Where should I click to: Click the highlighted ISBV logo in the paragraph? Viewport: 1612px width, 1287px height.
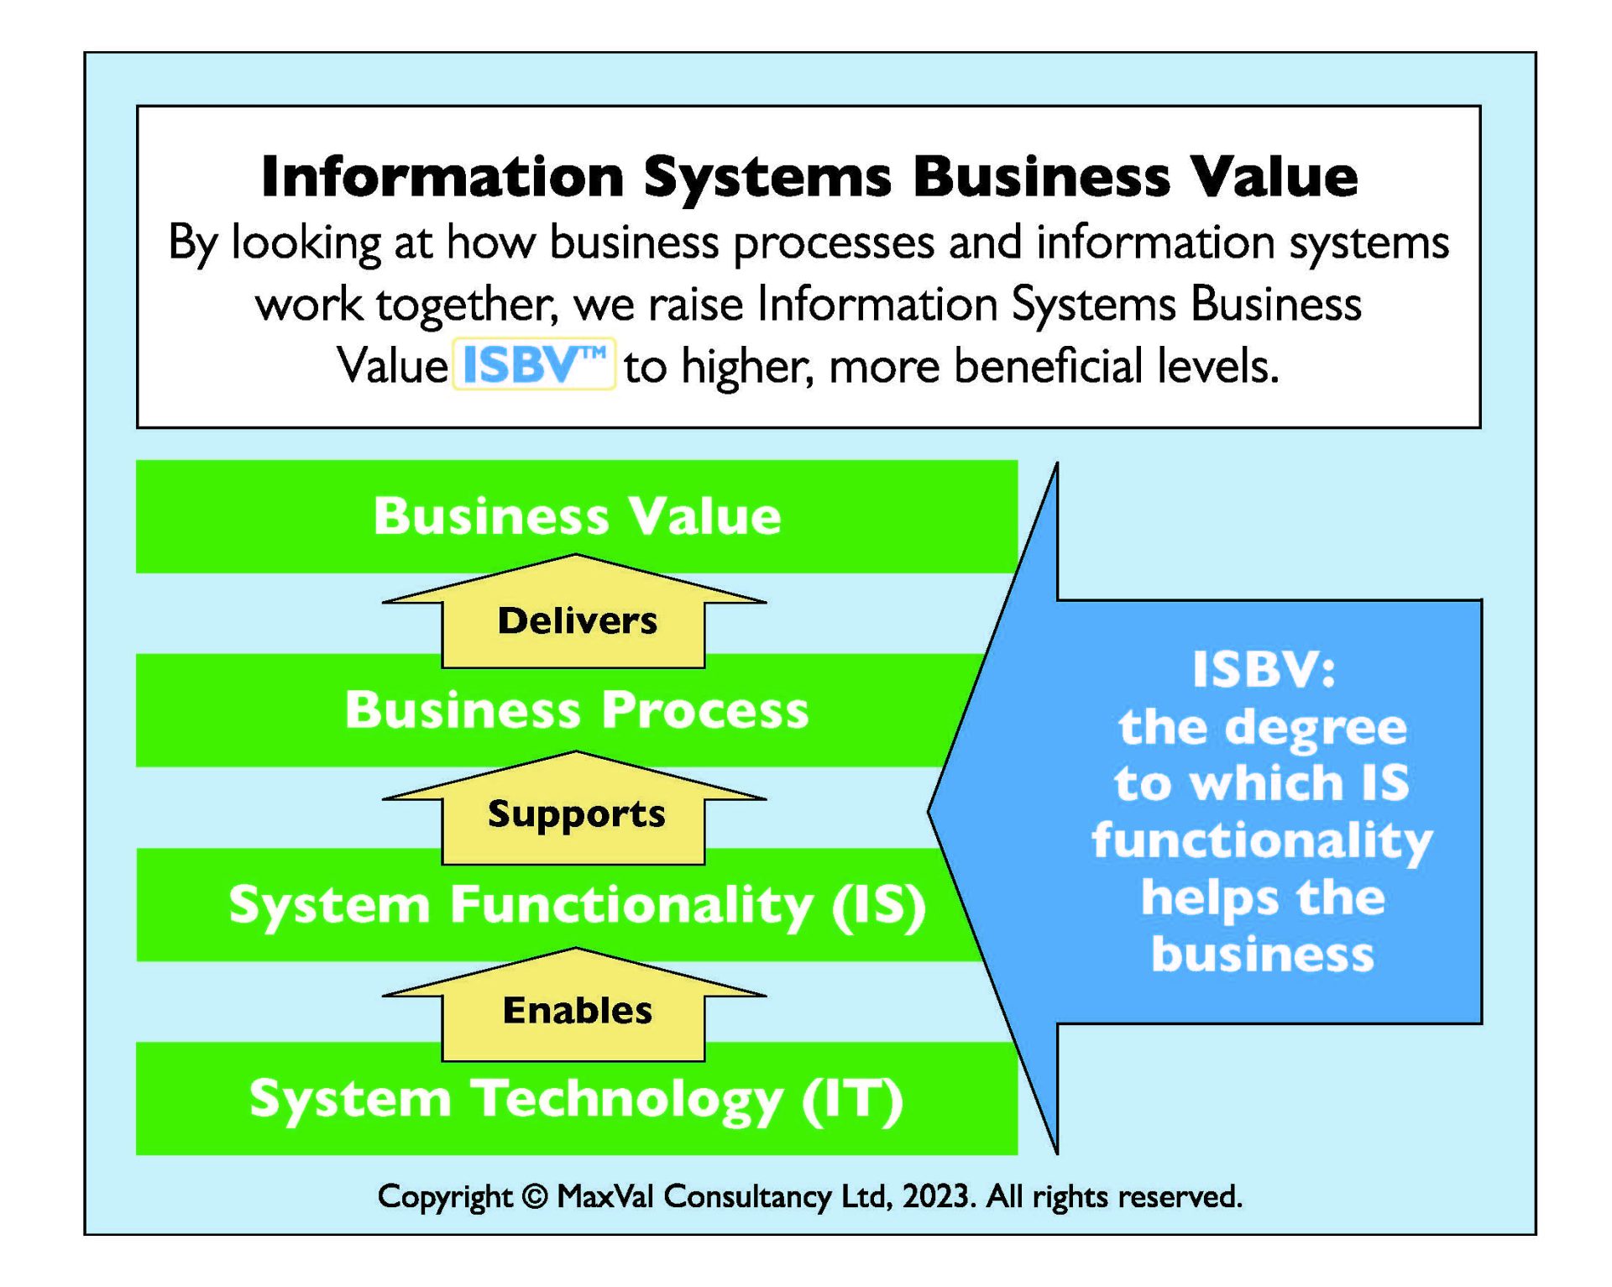(x=534, y=364)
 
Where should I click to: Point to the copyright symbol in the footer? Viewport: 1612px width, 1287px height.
(x=535, y=1196)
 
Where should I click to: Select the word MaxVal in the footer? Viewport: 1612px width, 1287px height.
(x=605, y=1196)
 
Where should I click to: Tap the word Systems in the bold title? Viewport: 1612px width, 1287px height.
(x=767, y=177)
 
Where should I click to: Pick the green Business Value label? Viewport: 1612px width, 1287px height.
(x=577, y=515)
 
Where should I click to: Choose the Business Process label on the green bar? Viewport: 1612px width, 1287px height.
(x=577, y=710)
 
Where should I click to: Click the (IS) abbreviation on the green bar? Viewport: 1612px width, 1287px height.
(x=879, y=906)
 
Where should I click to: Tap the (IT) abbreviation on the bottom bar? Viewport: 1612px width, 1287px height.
(x=852, y=1100)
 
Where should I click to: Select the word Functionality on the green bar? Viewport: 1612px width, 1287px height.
(x=631, y=906)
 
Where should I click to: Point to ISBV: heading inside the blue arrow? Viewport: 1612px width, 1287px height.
(x=1263, y=670)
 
